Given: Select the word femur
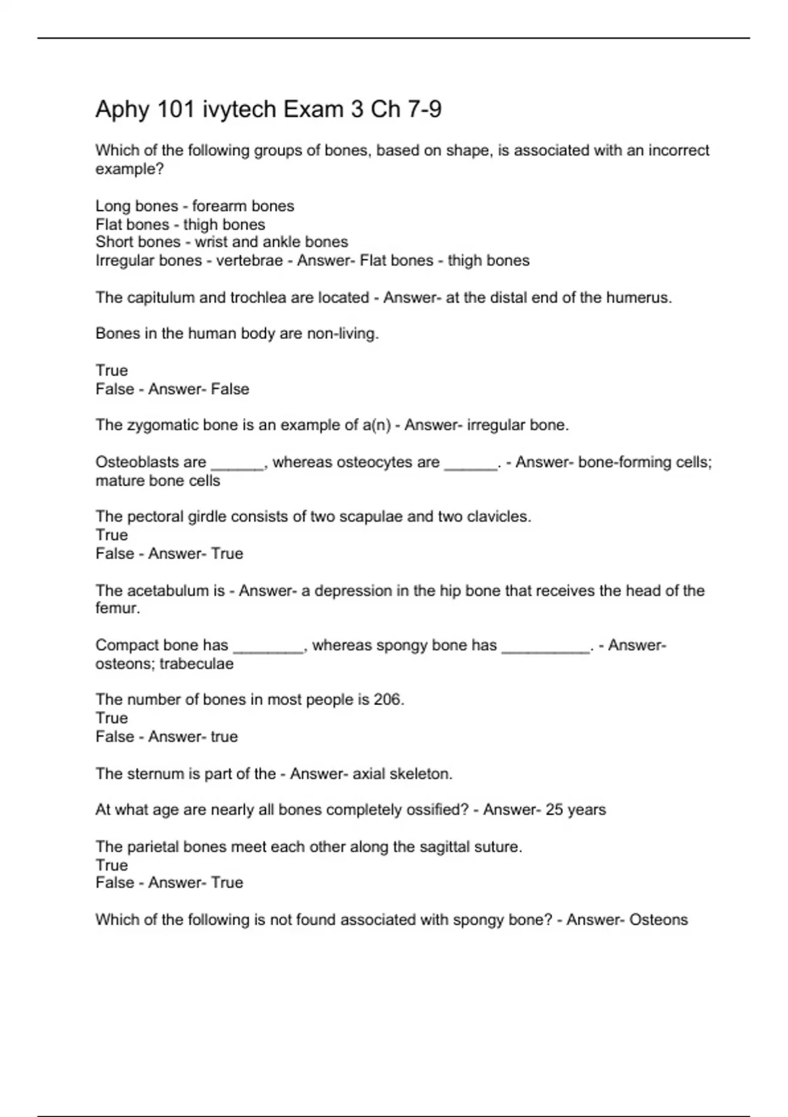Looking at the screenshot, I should click(116, 608).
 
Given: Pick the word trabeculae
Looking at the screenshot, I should click(196, 664).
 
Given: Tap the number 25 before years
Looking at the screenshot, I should click(554, 809).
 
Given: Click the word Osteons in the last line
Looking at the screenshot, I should click(658, 920).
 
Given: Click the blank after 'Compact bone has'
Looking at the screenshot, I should click(268, 647).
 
